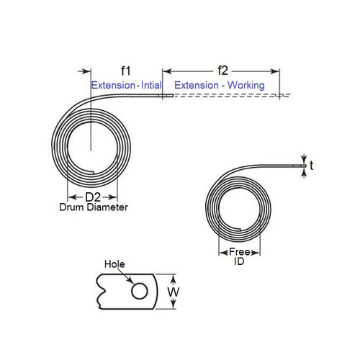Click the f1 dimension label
click(125, 71)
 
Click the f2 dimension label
click(222, 71)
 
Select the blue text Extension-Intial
click(127, 85)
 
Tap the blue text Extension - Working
click(220, 85)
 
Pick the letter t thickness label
click(312, 166)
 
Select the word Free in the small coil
click(240, 252)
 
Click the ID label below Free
click(240, 263)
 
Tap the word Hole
click(115, 264)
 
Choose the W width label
click(174, 292)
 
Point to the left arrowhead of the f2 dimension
click(166, 71)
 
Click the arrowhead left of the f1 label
click(89, 71)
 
